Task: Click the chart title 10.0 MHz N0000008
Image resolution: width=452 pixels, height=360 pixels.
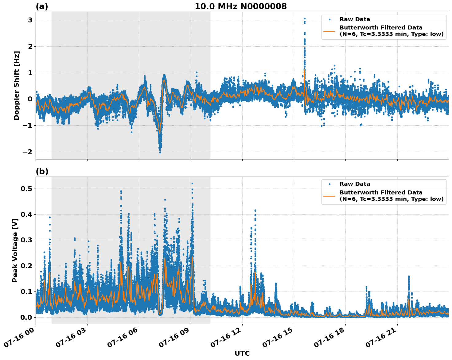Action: [240, 6]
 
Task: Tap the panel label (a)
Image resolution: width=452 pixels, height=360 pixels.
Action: [42, 6]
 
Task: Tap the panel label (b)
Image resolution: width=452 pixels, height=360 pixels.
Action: [42, 171]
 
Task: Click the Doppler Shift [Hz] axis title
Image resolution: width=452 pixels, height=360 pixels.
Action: [17, 85]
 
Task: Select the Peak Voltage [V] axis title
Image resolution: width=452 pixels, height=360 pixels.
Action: [15, 250]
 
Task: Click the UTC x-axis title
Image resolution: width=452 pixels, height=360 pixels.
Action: [242, 353]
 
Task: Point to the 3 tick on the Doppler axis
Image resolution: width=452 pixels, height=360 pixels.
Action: [30, 20]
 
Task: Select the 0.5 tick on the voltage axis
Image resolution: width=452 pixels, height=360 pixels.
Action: [26, 189]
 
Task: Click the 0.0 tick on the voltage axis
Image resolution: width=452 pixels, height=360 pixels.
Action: [26, 317]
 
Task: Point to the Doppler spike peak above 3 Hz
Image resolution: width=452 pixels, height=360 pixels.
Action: [304, 19]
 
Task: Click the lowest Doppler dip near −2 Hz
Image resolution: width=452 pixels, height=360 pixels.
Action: [160, 152]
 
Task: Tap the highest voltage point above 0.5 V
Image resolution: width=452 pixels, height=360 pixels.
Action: [192, 184]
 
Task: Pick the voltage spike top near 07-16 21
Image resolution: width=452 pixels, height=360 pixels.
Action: [409, 276]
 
